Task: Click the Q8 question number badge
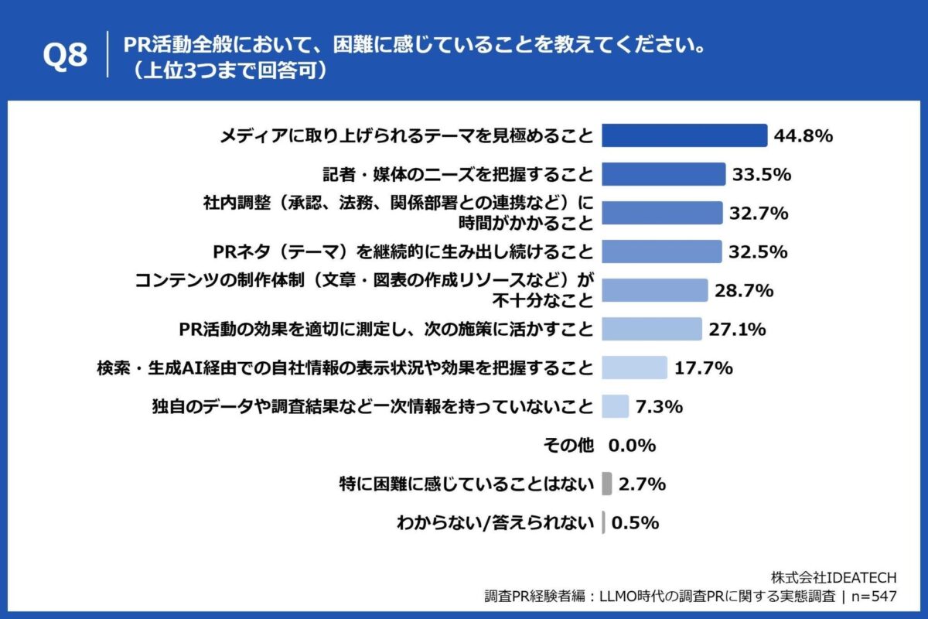pos(65,56)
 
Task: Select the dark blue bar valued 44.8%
pos(684,135)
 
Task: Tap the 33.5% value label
pos(761,174)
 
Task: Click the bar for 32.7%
pos(661,213)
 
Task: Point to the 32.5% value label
pos(758,251)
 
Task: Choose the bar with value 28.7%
pos(654,290)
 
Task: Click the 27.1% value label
pos(737,329)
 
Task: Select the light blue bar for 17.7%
pos(634,368)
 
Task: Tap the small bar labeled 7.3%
pos(615,406)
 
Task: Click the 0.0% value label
pos(632,445)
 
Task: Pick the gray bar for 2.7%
pos(606,484)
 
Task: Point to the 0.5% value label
pos(635,522)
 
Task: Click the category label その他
pos(569,445)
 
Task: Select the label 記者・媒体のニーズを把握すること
pos(458,174)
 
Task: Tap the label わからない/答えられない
pos(495,522)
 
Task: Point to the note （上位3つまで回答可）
pos(230,70)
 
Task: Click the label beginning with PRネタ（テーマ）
pos(403,251)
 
